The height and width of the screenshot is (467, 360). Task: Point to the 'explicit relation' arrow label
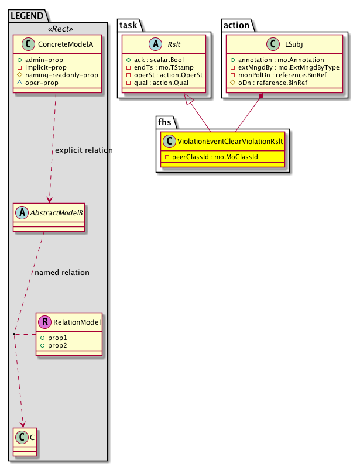[x=84, y=150]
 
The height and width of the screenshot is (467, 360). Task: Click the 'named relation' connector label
[x=62, y=272]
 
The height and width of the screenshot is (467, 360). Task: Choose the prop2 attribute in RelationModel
[x=54, y=346]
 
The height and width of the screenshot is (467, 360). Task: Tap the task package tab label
[x=129, y=25]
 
